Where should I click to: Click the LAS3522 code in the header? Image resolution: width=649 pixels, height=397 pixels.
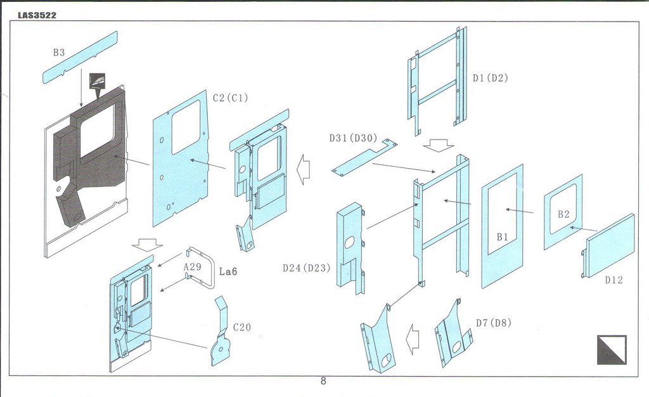(37, 15)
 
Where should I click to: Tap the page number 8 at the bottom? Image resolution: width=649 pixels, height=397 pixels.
(323, 381)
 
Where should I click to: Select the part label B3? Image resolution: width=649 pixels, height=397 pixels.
(59, 53)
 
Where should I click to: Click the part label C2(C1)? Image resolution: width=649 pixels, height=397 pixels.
(230, 98)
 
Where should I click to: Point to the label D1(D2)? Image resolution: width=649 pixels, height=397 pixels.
(490, 78)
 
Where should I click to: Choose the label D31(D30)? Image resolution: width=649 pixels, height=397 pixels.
(353, 138)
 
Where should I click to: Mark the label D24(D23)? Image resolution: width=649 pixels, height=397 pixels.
(307, 268)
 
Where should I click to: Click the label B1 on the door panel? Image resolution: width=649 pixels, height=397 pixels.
(503, 237)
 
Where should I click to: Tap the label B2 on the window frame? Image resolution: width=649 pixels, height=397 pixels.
(563, 214)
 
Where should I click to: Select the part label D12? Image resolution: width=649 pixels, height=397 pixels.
(614, 280)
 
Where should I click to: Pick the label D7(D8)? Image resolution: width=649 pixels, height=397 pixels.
(494, 323)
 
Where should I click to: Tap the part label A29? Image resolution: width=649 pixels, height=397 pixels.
(193, 267)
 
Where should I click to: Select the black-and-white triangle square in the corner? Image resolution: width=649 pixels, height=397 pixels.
(611, 349)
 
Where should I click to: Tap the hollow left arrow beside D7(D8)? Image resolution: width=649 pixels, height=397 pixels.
(412, 339)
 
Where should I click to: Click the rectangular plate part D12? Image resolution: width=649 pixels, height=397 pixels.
(610, 245)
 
